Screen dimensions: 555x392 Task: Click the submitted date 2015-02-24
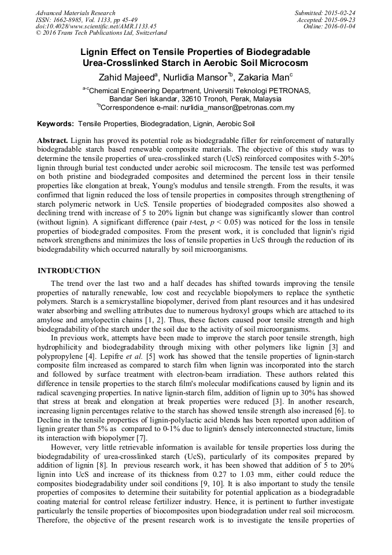tap(340, 13)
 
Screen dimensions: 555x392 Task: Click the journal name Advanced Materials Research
tap(76, 13)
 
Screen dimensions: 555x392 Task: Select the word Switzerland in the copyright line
tap(150, 34)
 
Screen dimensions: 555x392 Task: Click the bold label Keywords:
tap(56, 124)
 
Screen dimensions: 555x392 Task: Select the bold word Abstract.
tap(53, 141)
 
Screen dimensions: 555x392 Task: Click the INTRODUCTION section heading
tap(69, 271)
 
